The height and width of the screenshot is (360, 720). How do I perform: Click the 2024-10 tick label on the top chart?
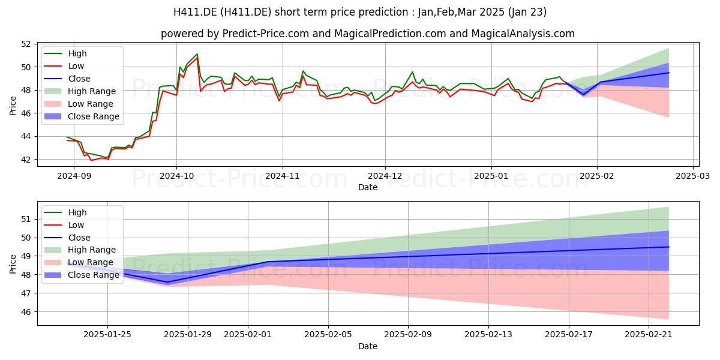tap(177, 176)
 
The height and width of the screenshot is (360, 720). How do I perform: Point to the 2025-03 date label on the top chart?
tap(692, 176)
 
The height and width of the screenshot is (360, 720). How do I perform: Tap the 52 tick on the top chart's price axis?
tap(26, 44)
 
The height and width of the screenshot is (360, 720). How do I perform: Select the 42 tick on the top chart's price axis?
tap(26, 160)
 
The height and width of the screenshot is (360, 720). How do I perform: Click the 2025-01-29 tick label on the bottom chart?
tap(188, 335)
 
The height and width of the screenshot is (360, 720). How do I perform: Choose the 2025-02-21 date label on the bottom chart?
tap(649, 335)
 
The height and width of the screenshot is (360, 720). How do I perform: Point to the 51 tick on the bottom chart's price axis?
tap(26, 219)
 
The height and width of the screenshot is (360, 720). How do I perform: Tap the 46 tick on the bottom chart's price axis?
tap(26, 312)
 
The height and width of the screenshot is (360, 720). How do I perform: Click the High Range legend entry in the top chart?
tap(80, 91)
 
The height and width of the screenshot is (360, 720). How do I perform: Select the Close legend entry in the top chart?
tap(67, 79)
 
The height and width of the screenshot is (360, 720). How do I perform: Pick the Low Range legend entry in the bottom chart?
tap(79, 262)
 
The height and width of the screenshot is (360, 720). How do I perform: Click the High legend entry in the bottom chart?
tap(65, 212)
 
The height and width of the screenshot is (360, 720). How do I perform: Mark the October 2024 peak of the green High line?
tap(197, 54)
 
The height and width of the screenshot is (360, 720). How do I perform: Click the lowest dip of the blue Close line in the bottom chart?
tap(168, 282)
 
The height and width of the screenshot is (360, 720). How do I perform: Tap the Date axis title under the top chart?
tap(368, 187)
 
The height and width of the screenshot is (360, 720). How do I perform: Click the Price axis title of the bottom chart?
tap(13, 264)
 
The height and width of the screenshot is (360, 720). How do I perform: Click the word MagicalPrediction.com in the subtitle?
tap(390, 34)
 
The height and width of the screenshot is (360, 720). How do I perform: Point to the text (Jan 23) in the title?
tap(527, 12)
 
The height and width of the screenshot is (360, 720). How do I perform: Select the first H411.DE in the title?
tap(195, 12)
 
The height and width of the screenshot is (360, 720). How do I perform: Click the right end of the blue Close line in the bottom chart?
tap(669, 247)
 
